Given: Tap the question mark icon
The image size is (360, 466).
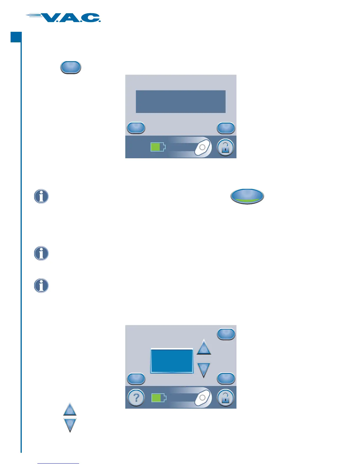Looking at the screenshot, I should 136,398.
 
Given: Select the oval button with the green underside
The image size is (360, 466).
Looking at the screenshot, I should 247,196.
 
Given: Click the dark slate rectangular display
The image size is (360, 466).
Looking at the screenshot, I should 181,101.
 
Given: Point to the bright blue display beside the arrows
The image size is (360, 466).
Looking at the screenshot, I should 172,361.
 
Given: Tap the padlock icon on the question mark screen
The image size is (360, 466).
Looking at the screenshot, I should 225,398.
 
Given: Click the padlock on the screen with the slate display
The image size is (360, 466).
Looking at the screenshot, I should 225,147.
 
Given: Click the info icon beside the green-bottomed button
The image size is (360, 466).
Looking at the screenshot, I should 41,196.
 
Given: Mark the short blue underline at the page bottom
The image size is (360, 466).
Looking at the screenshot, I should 58,463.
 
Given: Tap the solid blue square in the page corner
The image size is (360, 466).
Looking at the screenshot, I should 16,37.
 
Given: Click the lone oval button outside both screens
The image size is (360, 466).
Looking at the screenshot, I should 71,67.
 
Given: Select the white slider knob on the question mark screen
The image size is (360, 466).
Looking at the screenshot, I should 202,398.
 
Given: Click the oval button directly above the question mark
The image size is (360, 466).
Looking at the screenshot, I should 136,378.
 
